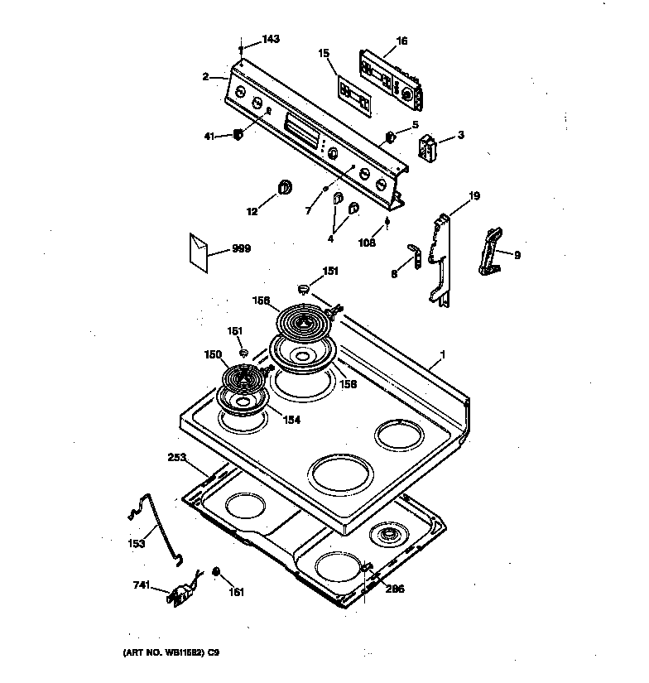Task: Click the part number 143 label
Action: [271, 39]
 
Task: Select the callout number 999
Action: [241, 248]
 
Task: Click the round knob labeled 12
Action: [286, 186]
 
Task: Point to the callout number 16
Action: [401, 40]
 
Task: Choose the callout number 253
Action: [176, 456]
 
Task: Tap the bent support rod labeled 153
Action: [156, 526]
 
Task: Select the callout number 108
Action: [367, 243]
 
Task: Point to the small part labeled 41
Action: [238, 135]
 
